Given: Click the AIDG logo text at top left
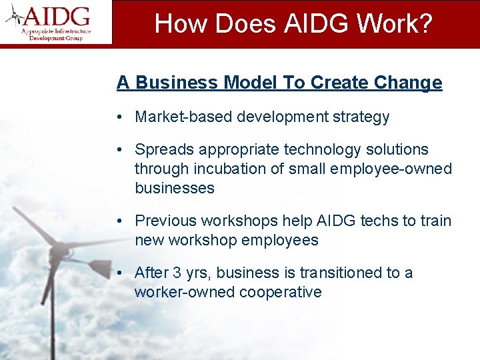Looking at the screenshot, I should click(x=59, y=15).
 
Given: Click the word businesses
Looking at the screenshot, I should click(x=174, y=188).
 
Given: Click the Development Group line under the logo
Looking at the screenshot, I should click(x=55, y=39).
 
